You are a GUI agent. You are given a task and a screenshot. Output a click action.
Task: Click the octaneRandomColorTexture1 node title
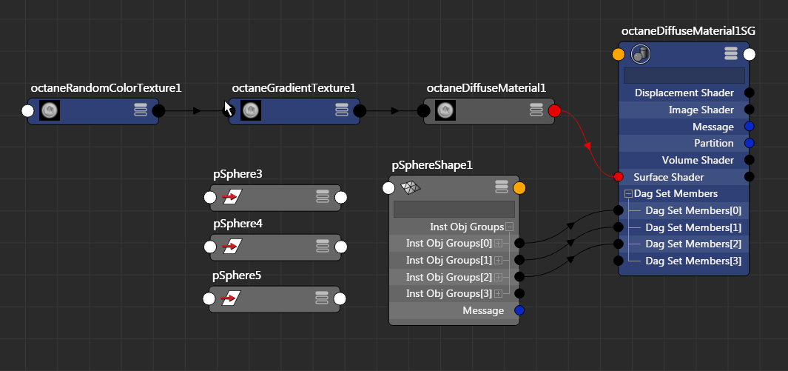pos(106,88)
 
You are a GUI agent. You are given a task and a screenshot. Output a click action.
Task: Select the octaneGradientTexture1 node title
pos(294,88)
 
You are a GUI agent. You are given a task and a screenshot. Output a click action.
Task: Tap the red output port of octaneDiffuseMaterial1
pos(555,111)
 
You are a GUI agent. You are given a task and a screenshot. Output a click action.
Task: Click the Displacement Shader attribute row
pos(684,93)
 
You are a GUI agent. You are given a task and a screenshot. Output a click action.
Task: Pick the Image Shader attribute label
pos(701,110)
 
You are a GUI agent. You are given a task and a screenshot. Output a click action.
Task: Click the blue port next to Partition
pos(749,143)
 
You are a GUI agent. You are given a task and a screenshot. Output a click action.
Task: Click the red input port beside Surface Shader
pos(619,177)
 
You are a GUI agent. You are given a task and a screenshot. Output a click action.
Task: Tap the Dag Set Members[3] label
pos(693,261)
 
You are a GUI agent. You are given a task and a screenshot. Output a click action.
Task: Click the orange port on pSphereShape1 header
pos(519,187)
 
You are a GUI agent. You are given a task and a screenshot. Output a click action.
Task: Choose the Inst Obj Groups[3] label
pos(449,294)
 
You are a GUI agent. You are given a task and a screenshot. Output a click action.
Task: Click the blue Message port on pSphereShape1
pos(519,310)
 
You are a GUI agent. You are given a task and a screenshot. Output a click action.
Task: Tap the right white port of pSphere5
pos(340,299)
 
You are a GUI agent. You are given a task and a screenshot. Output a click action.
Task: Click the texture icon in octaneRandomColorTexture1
pos(50,111)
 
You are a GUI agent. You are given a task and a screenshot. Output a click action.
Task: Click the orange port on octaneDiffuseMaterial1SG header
pos(619,54)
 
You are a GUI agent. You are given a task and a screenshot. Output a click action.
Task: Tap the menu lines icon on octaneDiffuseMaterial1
pos(537,110)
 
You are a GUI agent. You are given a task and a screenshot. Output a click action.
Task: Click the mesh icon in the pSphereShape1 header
pos(410,187)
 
